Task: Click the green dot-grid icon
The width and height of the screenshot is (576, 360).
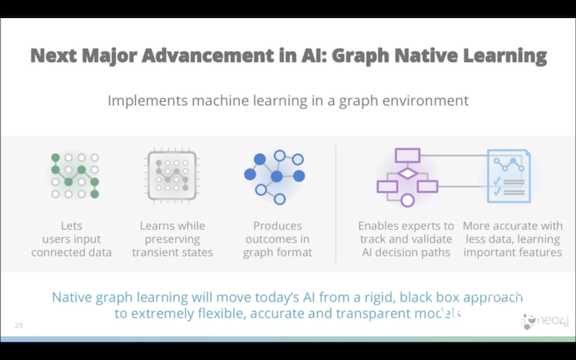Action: tap(75, 176)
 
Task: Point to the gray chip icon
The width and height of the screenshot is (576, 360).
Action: tap(172, 176)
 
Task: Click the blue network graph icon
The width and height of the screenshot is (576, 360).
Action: tap(275, 177)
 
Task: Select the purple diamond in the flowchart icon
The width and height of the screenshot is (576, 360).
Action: tap(408, 173)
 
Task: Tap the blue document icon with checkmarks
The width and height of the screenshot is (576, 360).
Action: tap(509, 176)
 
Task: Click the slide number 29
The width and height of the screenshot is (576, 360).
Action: tap(19, 325)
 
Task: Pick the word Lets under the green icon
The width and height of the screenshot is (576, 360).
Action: tap(71, 225)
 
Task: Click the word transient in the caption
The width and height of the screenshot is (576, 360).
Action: tap(152, 253)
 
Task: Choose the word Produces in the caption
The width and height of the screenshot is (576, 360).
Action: tap(278, 225)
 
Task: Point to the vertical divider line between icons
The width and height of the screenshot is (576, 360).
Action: tap(336, 204)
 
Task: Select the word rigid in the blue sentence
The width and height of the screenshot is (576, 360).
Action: tap(379, 297)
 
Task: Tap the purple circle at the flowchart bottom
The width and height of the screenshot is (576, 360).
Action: tap(408, 200)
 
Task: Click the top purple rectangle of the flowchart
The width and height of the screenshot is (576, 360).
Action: tap(408, 156)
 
